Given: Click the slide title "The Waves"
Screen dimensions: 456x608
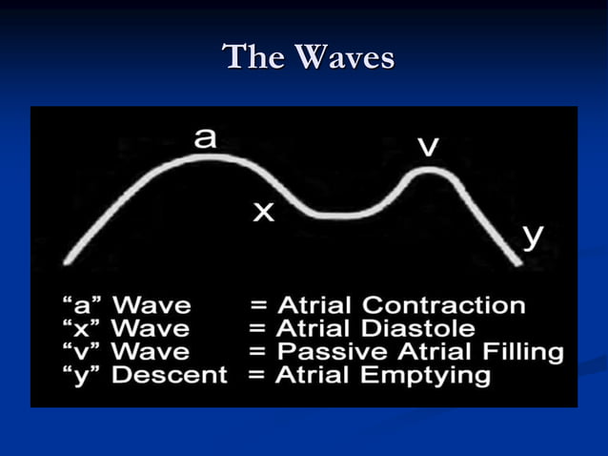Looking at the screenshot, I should click(x=308, y=57).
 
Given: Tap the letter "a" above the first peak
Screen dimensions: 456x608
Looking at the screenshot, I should click(x=205, y=138).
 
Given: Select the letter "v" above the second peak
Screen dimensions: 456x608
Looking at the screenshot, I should click(x=429, y=147).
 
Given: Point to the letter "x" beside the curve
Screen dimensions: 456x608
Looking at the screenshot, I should click(x=263, y=213).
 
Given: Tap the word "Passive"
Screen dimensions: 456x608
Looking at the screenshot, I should click(x=319, y=352).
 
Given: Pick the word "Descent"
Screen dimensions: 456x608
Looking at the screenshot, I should click(x=170, y=376).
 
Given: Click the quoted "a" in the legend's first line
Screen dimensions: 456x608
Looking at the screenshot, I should click(x=84, y=306).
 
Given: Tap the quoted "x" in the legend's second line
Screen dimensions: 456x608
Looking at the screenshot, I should click(x=83, y=329).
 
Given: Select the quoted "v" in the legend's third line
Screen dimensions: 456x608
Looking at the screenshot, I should click(x=83, y=352).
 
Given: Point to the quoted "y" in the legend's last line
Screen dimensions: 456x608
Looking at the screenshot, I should click(x=83, y=376).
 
